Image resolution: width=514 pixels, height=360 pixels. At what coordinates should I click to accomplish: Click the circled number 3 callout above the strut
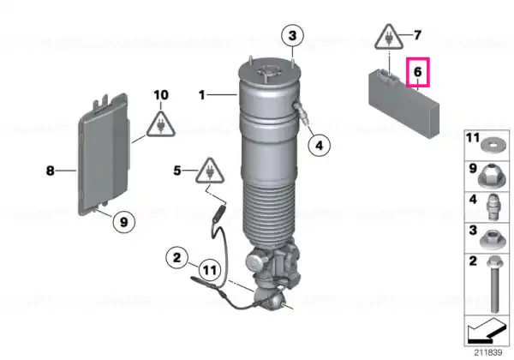(x=292, y=35)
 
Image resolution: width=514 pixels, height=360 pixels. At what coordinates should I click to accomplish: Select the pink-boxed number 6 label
(x=418, y=72)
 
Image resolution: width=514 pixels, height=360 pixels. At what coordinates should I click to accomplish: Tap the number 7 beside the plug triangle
(x=417, y=35)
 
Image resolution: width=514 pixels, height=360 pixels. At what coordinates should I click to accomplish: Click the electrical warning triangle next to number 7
(x=390, y=38)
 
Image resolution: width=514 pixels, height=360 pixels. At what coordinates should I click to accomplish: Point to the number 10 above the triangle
(x=161, y=95)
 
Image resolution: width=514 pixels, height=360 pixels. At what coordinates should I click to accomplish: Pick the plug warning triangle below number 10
(x=161, y=124)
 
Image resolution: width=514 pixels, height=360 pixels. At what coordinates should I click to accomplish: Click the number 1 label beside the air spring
(x=201, y=95)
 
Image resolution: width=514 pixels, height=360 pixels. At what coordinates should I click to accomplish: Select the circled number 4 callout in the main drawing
(x=319, y=145)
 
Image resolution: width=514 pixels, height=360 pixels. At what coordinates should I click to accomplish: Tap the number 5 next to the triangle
(x=177, y=171)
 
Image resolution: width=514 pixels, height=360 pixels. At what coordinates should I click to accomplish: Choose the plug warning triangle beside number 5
(x=210, y=171)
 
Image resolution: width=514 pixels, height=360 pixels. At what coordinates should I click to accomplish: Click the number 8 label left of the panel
(x=50, y=171)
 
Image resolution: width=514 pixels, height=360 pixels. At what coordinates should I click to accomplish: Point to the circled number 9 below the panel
(x=123, y=222)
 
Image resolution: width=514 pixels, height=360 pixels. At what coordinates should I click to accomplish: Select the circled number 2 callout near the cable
(x=177, y=258)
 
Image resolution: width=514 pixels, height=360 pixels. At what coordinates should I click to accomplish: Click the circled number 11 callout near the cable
(x=210, y=270)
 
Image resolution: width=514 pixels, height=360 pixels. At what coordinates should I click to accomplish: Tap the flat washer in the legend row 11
(x=493, y=144)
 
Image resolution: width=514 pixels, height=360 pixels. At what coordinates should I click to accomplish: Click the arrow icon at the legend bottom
(x=487, y=331)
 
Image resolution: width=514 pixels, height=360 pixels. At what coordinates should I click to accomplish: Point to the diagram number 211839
(x=488, y=353)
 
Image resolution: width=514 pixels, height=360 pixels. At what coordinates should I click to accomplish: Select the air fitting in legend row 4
(x=492, y=207)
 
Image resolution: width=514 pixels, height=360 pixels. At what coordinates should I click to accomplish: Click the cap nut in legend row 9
(x=493, y=176)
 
